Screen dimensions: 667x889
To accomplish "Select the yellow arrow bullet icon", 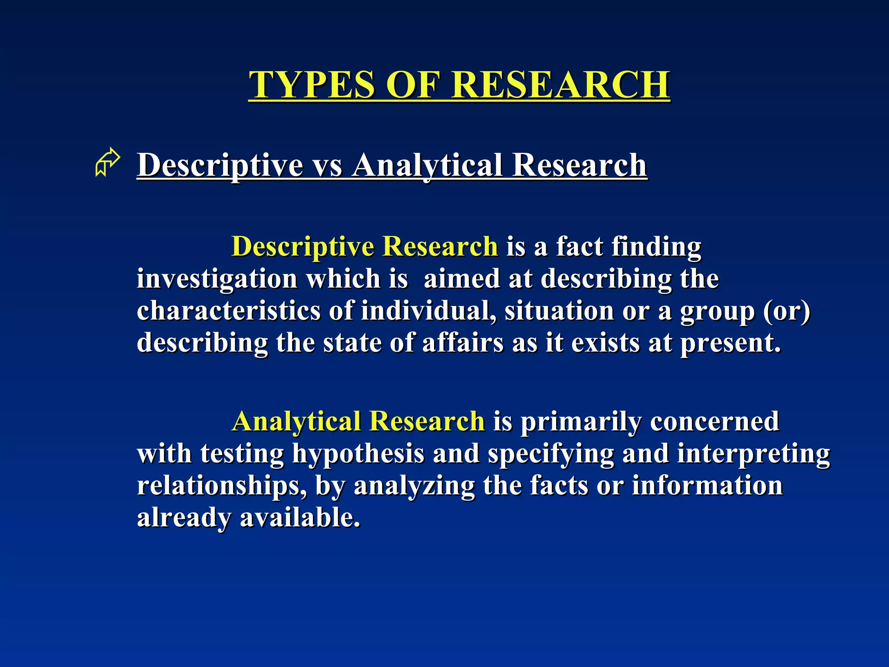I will pyautogui.click(x=107, y=162).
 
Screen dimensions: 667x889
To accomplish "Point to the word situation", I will pyautogui.click(x=559, y=311).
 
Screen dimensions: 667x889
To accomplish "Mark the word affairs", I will pyautogui.click(x=463, y=343).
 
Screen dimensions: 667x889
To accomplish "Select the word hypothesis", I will pyautogui.click(x=358, y=454).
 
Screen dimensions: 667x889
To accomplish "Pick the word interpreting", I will pyautogui.click(x=754, y=454).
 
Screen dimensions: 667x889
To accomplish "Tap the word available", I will pyautogui.click(x=300, y=518).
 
